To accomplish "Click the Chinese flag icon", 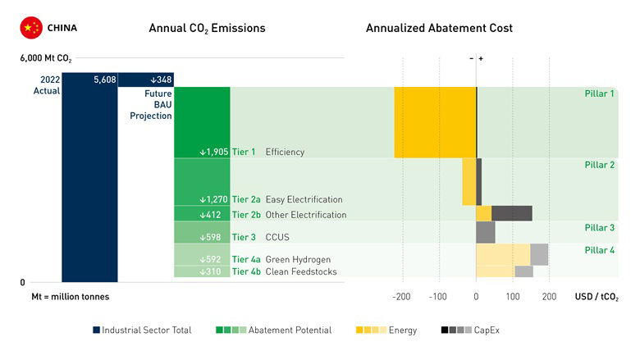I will click(31, 28).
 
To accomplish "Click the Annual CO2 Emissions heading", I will click(207, 28).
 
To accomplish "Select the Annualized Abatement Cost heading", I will click(439, 28).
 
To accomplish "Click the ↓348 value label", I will click(160, 80).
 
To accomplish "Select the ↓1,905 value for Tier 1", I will click(213, 152).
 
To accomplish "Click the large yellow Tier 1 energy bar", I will click(435, 122).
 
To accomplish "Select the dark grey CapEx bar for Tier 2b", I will click(511, 213).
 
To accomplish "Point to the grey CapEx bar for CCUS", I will click(485, 232).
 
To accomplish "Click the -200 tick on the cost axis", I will click(402, 296).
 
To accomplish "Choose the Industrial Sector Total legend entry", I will click(142, 330).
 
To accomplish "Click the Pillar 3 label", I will click(599, 227).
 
